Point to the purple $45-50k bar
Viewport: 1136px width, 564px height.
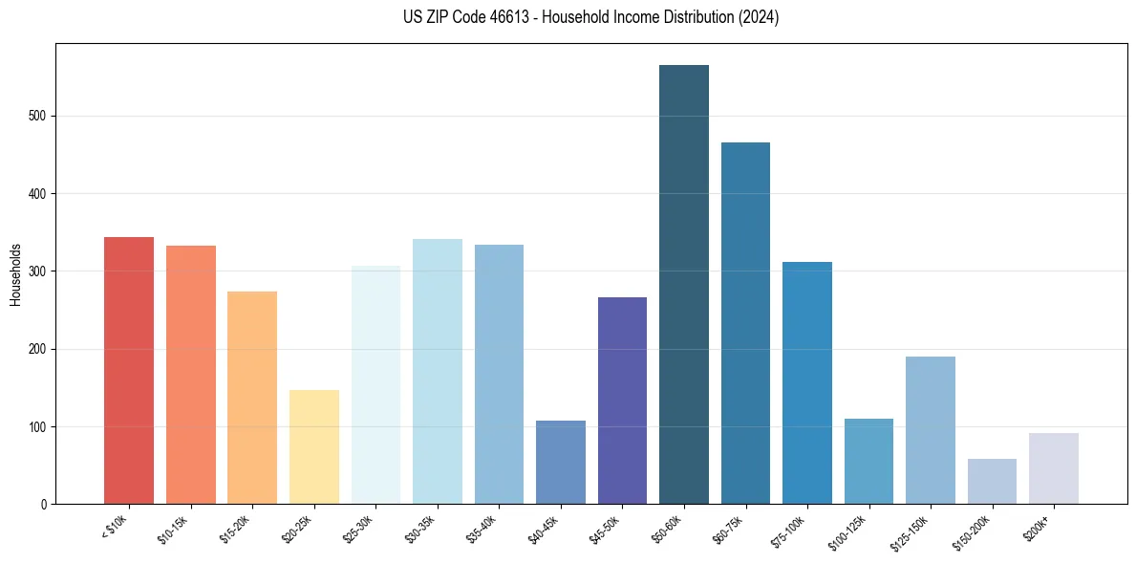coord(622,401)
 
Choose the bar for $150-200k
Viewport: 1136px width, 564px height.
coord(992,481)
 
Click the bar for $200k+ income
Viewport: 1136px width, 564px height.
coord(1054,468)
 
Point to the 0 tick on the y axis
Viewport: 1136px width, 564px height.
coord(44,505)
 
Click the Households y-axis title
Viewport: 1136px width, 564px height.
coord(15,273)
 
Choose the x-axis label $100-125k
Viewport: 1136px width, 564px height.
coord(849,532)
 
